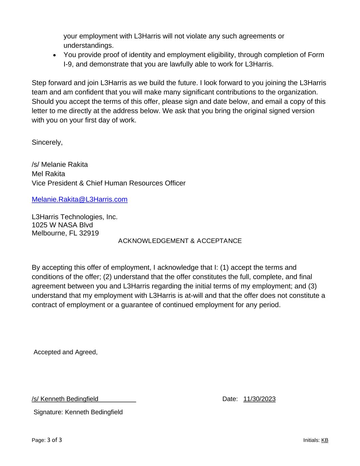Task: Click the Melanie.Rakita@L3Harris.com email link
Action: (80, 199)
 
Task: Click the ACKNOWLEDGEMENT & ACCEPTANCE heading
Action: (180, 241)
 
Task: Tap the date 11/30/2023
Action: (259, 399)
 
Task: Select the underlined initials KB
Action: (325, 440)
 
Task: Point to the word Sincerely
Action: (47, 142)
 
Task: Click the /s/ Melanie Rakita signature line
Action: (60, 165)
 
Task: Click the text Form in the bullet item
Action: (316, 55)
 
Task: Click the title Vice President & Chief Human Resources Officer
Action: (109, 183)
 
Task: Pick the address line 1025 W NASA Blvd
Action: (62, 225)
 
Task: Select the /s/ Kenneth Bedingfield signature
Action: (65, 399)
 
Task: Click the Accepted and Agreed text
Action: (66, 352)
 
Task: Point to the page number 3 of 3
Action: (55, 440)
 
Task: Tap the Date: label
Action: (230, 399)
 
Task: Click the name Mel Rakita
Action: (48, 174)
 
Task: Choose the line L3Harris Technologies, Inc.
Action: (74, 217)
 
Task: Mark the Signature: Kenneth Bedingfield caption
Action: (78, 412)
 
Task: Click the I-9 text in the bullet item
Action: (68, 64)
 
